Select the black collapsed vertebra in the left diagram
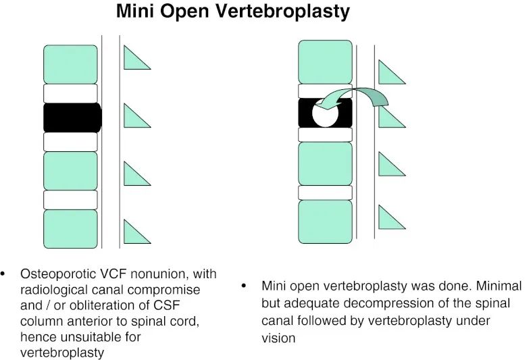(72, 118)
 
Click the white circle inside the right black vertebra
(325, 113)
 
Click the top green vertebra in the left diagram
(70, 64)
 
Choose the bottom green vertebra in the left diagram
(70, 229)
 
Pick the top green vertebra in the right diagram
(325, 61)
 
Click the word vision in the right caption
(278, 337)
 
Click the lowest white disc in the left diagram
(70, 200)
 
